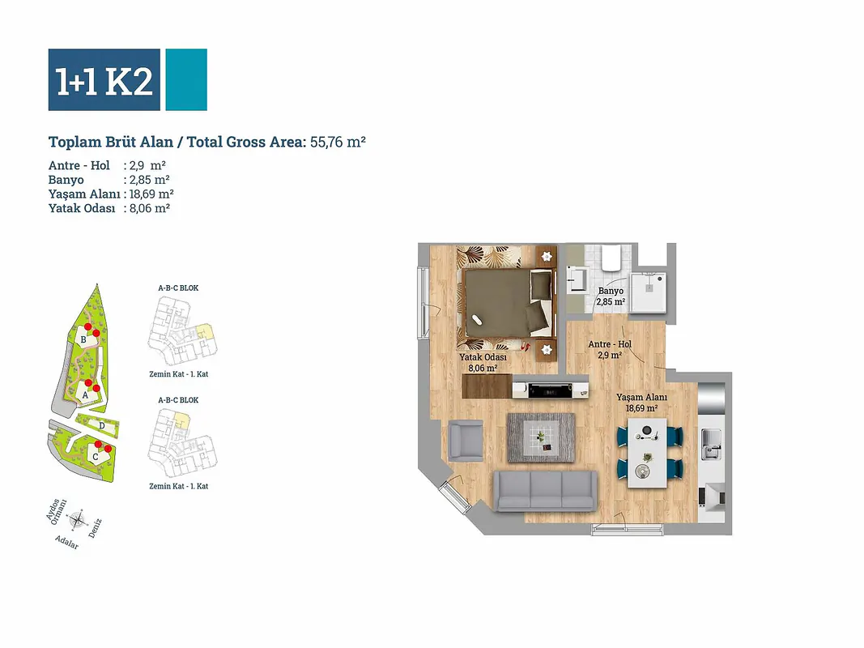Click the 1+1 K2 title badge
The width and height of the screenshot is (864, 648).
(104, 80)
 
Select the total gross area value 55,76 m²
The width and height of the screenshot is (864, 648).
(338, 143)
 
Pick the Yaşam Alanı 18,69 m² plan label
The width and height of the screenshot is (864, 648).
(641, 403)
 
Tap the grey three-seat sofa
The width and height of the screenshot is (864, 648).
(545, 490)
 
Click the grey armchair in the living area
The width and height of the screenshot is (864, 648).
(466, 440)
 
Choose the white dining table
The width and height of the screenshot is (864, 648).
(648, 453)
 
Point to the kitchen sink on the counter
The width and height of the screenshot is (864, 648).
(710, 444)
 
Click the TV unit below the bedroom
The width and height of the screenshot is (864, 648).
(550, 389)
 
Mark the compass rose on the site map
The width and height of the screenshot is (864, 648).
(78, 519)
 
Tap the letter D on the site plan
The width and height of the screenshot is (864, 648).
(102, 426)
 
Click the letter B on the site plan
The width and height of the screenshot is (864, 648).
(83, 339)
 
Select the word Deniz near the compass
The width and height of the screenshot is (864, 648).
(96, 527)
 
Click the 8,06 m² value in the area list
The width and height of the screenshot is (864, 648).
(149, 207)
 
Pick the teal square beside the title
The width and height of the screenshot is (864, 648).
(186, 80)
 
